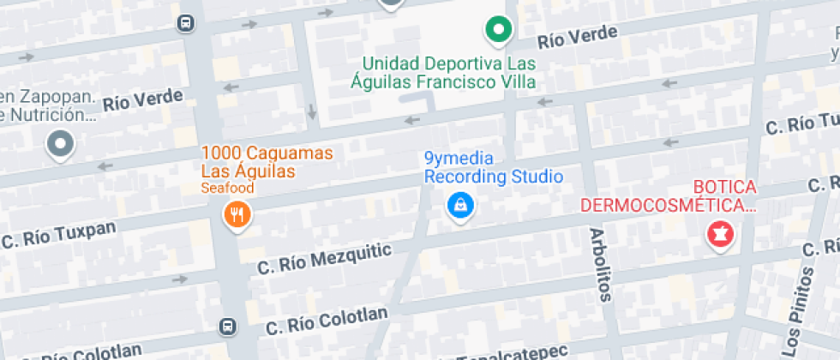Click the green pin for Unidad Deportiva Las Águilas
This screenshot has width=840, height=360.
point(497,31)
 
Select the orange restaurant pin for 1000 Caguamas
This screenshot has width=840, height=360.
point(237,214)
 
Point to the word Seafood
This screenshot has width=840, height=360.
point(227,188)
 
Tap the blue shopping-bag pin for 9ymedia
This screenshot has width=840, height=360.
point(460,206)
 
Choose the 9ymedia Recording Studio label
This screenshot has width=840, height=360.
point(494,168)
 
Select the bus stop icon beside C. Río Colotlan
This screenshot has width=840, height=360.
point(227,327)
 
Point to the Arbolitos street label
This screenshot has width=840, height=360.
point(600,265)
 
